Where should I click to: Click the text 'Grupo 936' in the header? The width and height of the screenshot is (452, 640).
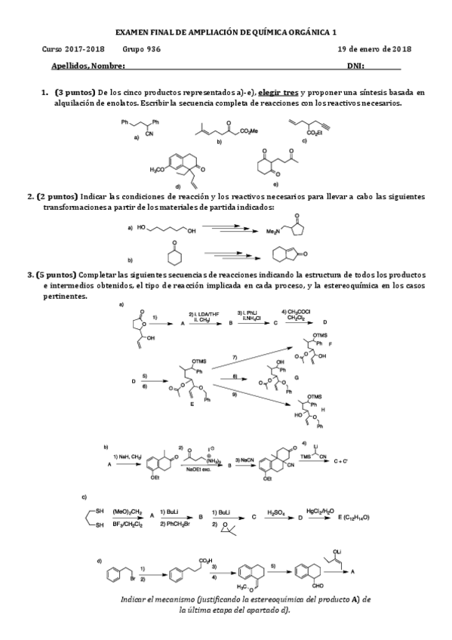click(x=140, y=49)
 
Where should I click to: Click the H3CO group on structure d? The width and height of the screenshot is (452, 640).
click(x=159, y=170)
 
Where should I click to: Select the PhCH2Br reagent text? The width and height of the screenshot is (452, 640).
click(x=170, y=522)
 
